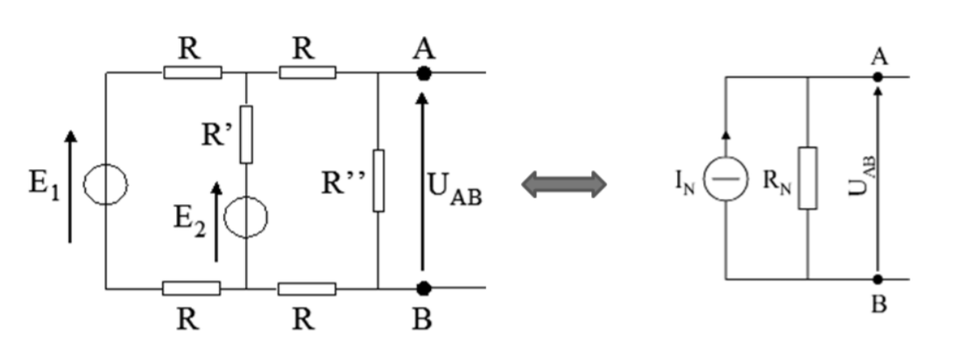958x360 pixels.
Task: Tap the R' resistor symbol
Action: click(x=246, y=134)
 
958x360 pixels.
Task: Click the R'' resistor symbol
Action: click(x=378, y=180)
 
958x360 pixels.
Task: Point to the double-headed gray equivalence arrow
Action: click(x=563, y=184)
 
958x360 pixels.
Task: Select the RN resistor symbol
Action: click(x=807, y=178)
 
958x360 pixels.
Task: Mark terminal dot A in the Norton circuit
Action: click(x=878, y=76)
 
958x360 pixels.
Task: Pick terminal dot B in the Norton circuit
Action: click(x=878, y=279)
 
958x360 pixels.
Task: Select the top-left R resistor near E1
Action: click(x=193, y=73)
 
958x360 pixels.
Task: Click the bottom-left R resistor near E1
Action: click(x=191, y=288)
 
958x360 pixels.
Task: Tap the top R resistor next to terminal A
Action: click(x=306, y=73)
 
